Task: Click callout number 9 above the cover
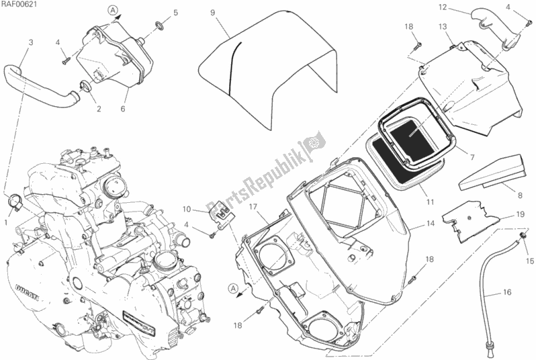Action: [213, 13]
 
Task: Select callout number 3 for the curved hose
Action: [31, 43]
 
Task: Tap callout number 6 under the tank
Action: [124, 108]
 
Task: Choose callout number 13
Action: [443, 26]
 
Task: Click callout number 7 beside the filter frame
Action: [472, 157]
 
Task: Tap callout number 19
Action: [520, 214]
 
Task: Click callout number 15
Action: [529, 261]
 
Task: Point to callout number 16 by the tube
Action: [506, 291]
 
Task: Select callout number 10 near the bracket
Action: [187, 209]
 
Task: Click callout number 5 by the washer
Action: [175, 13]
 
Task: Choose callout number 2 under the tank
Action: [98, 109]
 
